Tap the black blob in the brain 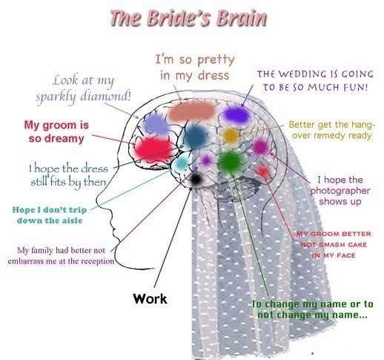click(x=196, y=178)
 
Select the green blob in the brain click(x=230, y=160)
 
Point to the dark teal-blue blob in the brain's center click(x=195, y=137)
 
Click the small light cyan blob click(x=180, y=163)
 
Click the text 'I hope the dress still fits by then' click(x=69, y=174)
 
